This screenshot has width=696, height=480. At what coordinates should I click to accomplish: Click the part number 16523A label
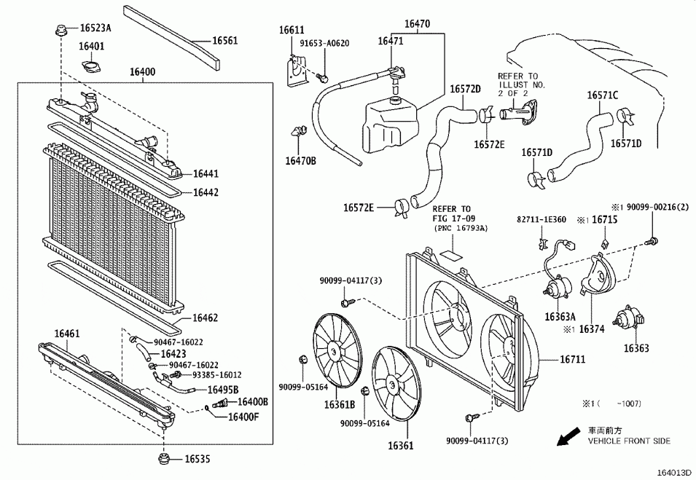(x=95, y=28)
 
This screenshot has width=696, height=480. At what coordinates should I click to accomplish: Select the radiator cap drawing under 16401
(x=91, y=67)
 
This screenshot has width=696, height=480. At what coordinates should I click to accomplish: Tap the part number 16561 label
(x=225, y=40)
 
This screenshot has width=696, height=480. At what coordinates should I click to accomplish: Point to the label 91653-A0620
(x=324, y=44)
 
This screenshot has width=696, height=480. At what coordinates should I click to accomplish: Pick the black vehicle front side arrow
(x=568, y=436)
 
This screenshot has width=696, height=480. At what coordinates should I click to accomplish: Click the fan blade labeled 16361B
(x=335, y=350)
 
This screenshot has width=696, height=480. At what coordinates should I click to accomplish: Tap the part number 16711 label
(x=573, y=359)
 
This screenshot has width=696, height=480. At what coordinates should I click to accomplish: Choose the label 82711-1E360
(x=541, y=219)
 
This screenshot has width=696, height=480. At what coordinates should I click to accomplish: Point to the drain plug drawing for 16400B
(x=219, y=404)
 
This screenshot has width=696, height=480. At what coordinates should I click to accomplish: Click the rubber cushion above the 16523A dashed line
(x=60, y=31)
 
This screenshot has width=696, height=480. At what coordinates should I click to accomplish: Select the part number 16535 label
(x=198, y=459)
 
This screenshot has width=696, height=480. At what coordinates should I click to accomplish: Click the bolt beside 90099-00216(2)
(x=652, y=241)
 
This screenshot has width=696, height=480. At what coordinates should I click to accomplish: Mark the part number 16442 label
(x=206, y=192)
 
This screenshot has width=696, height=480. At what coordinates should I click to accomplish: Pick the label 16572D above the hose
(x=466, y=89)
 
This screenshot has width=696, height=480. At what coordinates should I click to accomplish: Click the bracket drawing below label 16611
(x=294, y=71)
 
